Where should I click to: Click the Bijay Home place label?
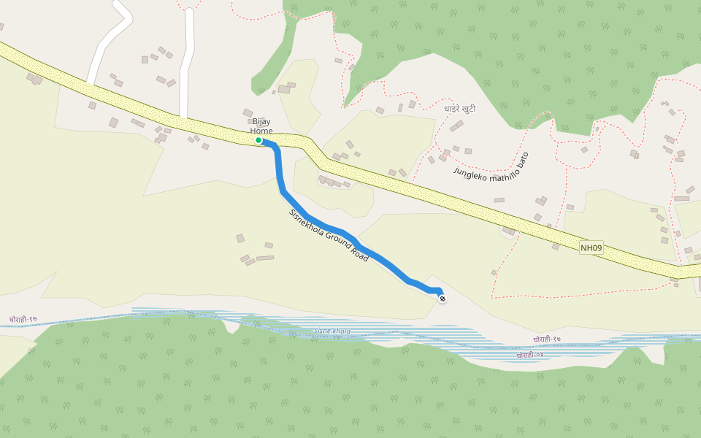[x=261, y=126]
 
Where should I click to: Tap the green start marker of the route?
[x=258, y=140]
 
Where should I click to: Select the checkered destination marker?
[x=442, y=297]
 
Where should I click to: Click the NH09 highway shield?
[x=591, y=248]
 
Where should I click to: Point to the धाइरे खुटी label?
[x=460, y=109]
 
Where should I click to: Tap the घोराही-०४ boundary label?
[x=530, y=356]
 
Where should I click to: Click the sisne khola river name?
[x=332, y=331]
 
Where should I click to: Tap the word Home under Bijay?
[x=261, y=131]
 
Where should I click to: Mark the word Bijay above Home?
[x=261, y=121]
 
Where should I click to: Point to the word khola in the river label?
[x=341, y=331]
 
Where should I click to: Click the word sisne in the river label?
[x=323, y=331]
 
